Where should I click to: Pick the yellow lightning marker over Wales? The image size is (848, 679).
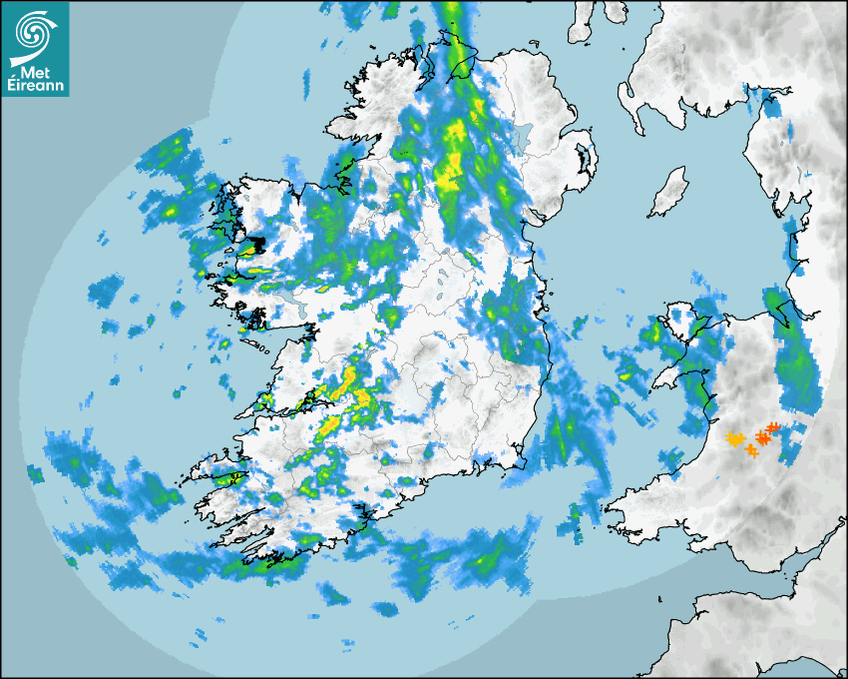pyautogui.click(x=735, y=438)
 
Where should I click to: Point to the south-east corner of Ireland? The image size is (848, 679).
pyautogui.click(x=519, y=461)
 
